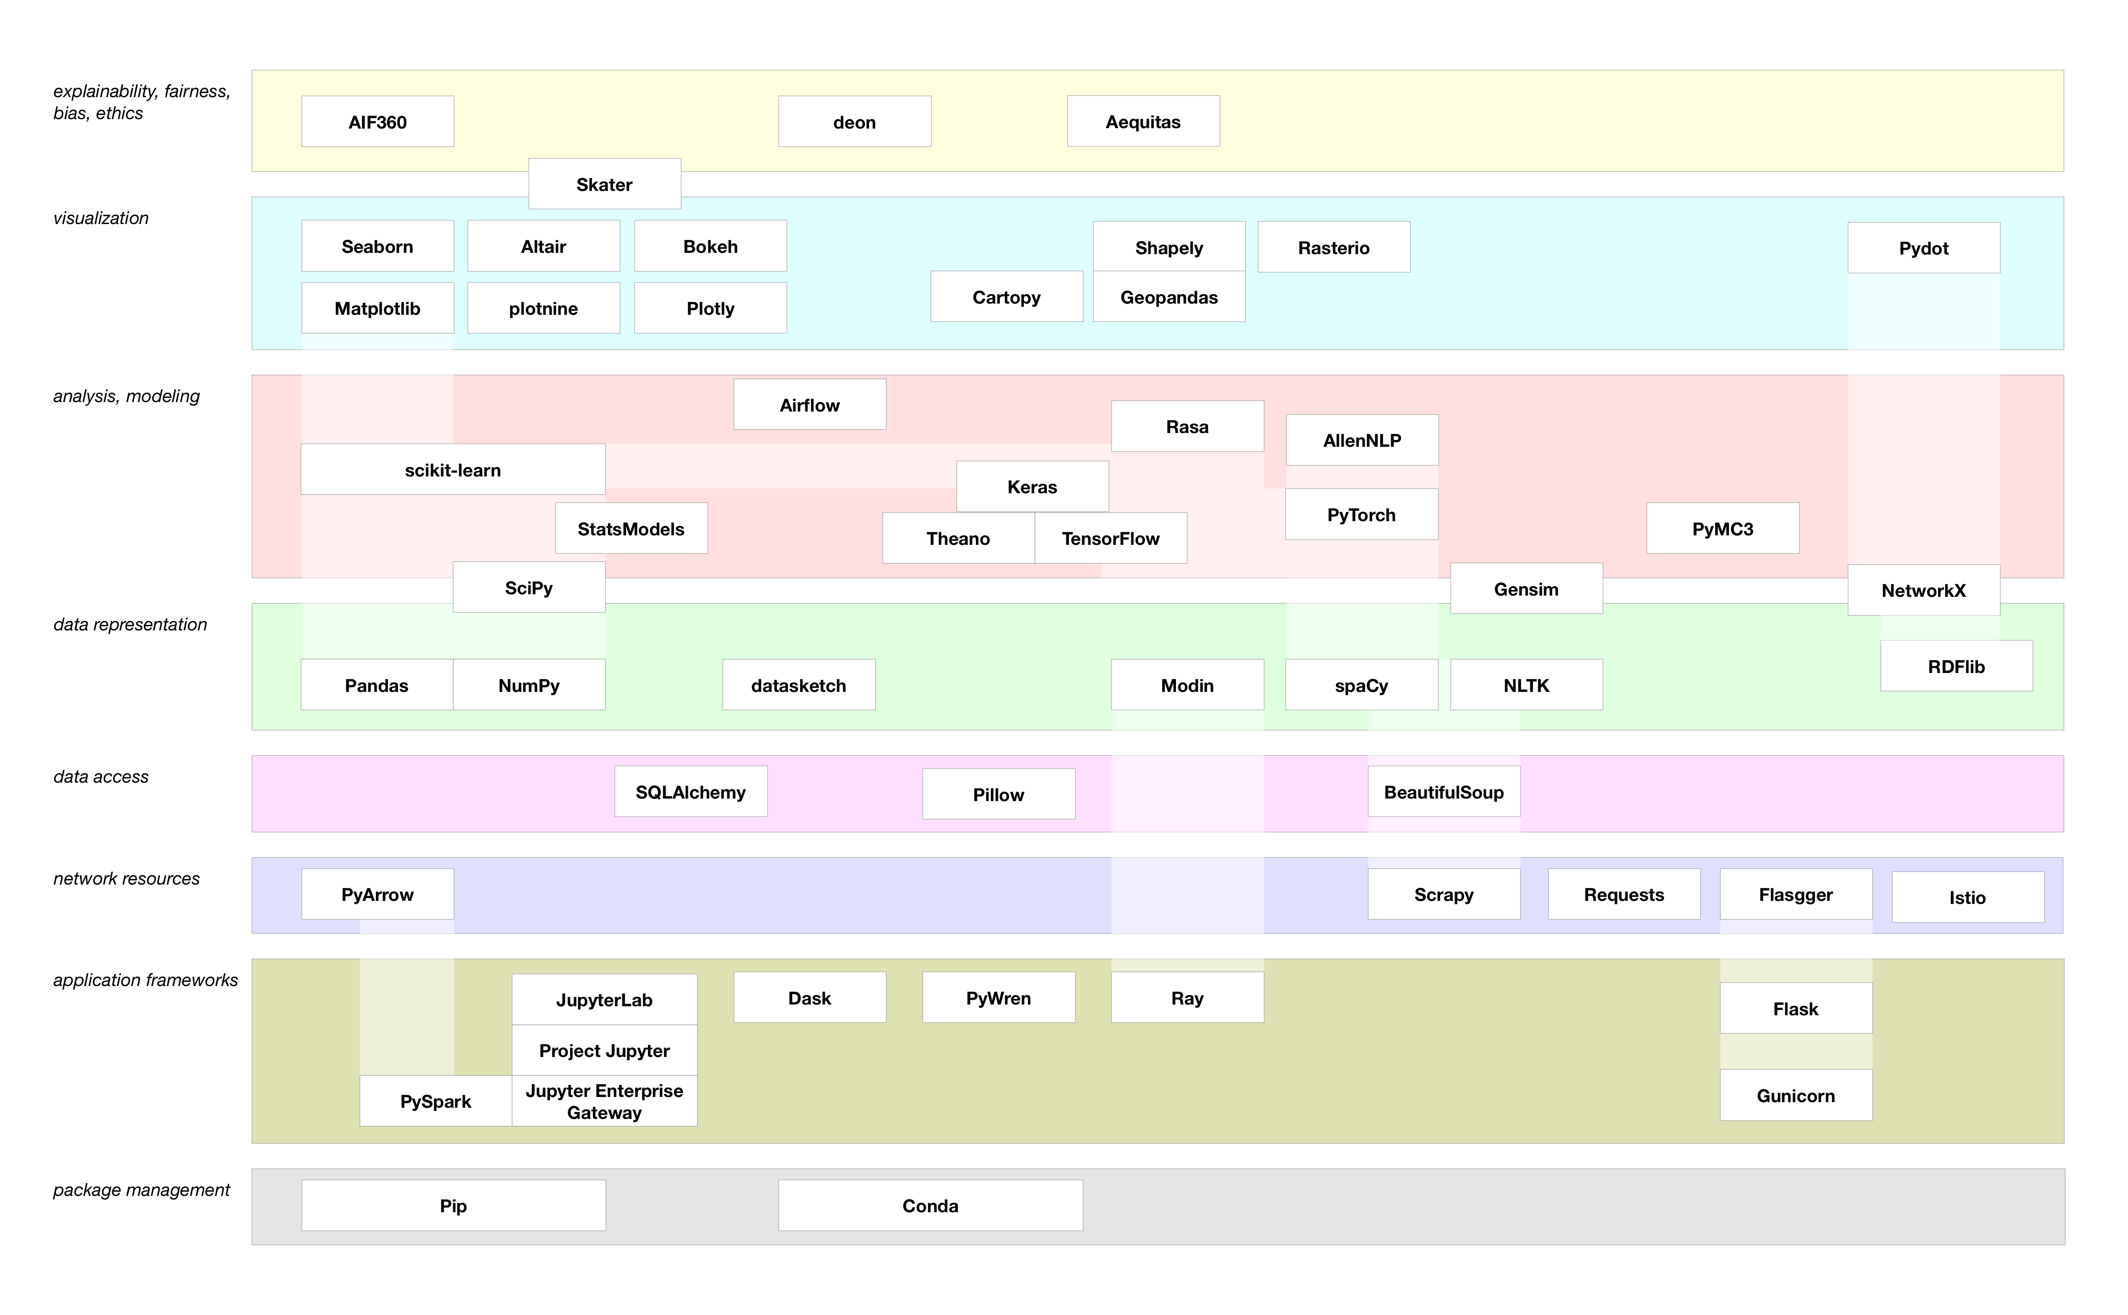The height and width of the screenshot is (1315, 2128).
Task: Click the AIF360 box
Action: (378, 122)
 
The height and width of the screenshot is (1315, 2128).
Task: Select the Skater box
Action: (605, 184)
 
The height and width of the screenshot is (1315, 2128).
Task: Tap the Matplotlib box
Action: (378, 308)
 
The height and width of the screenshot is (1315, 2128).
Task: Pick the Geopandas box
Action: (1169, 297)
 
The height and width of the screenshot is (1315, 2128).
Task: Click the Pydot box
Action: (1924, 248)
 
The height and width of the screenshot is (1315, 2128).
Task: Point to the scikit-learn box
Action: (453, 470)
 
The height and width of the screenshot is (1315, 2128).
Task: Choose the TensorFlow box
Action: (1111, 538)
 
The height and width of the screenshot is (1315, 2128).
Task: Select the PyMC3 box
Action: (1723, 528)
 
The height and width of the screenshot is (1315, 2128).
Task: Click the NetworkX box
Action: (1924, 590)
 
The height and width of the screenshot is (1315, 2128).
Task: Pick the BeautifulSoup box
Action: (1443, 791)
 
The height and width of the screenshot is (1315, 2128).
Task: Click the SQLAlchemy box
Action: (691, 791)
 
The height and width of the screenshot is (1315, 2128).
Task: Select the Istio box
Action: (1968, 897)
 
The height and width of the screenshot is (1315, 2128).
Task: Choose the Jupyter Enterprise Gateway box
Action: (605, 1101)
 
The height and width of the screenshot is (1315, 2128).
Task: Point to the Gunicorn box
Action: (1796, 1095)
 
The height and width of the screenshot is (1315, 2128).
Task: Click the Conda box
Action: (930, 1205)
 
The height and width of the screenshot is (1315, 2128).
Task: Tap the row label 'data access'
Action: (101, 777)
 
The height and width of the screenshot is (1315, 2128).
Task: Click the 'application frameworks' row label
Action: (145, 980)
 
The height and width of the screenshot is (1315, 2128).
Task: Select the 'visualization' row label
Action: (101, 218)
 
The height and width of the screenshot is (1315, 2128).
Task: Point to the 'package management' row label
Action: (142, 1190)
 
